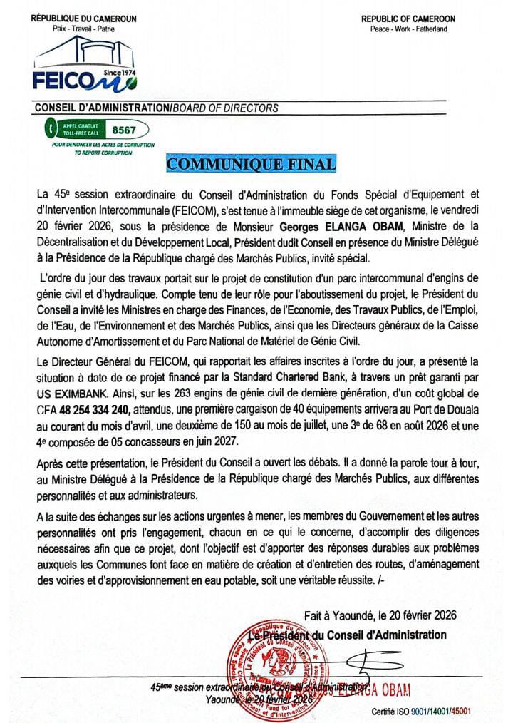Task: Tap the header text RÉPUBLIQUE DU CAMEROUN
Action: [x=83, y=18]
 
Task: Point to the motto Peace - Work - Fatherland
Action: [x=408, y=29]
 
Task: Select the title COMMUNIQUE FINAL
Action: [x=251, y=164]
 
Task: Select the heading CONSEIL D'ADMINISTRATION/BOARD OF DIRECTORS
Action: [x=156, y=108]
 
